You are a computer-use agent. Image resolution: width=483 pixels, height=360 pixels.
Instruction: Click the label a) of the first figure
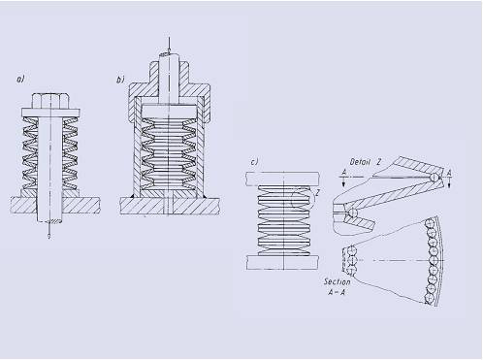[20, 79]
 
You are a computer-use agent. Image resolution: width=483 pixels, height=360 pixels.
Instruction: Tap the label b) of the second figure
[120, 80]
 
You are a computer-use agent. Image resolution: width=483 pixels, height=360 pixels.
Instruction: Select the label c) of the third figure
[255, 162]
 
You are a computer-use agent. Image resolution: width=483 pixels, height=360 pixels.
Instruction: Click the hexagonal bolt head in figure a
[50, 101]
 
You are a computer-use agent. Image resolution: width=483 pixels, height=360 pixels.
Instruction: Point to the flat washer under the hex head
[50, 113]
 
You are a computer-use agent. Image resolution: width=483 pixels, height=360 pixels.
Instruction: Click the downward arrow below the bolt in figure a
[49, 231]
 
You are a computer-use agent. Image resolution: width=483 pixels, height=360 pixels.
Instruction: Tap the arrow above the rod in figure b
[169, 45]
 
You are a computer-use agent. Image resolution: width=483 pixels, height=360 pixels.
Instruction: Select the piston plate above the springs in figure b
[169, 112]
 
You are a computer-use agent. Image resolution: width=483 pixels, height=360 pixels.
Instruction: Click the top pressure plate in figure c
[282, 179]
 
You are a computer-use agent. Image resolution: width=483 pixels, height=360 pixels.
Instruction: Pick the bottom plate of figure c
[282, 262]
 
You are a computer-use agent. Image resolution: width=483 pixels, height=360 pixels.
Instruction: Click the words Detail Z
[366, 162]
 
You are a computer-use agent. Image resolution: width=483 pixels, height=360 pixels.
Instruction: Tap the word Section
[338, 281]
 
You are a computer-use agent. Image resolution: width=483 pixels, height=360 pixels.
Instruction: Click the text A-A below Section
[337, 292]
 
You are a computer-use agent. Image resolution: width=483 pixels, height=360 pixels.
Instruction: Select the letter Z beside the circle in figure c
[317, 193]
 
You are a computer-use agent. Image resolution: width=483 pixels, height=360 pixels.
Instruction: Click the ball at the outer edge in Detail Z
[434, 177]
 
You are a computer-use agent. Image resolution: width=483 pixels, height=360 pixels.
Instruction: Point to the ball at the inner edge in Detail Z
[352, 213]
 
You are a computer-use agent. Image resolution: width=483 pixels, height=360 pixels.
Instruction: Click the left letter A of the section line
[344, 173]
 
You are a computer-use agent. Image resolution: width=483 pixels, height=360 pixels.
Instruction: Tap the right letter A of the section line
[449, 174]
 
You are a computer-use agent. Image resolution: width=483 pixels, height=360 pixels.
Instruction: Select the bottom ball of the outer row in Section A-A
[430, 298]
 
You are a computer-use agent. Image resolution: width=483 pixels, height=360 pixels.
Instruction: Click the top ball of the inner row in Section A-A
[350, 250]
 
